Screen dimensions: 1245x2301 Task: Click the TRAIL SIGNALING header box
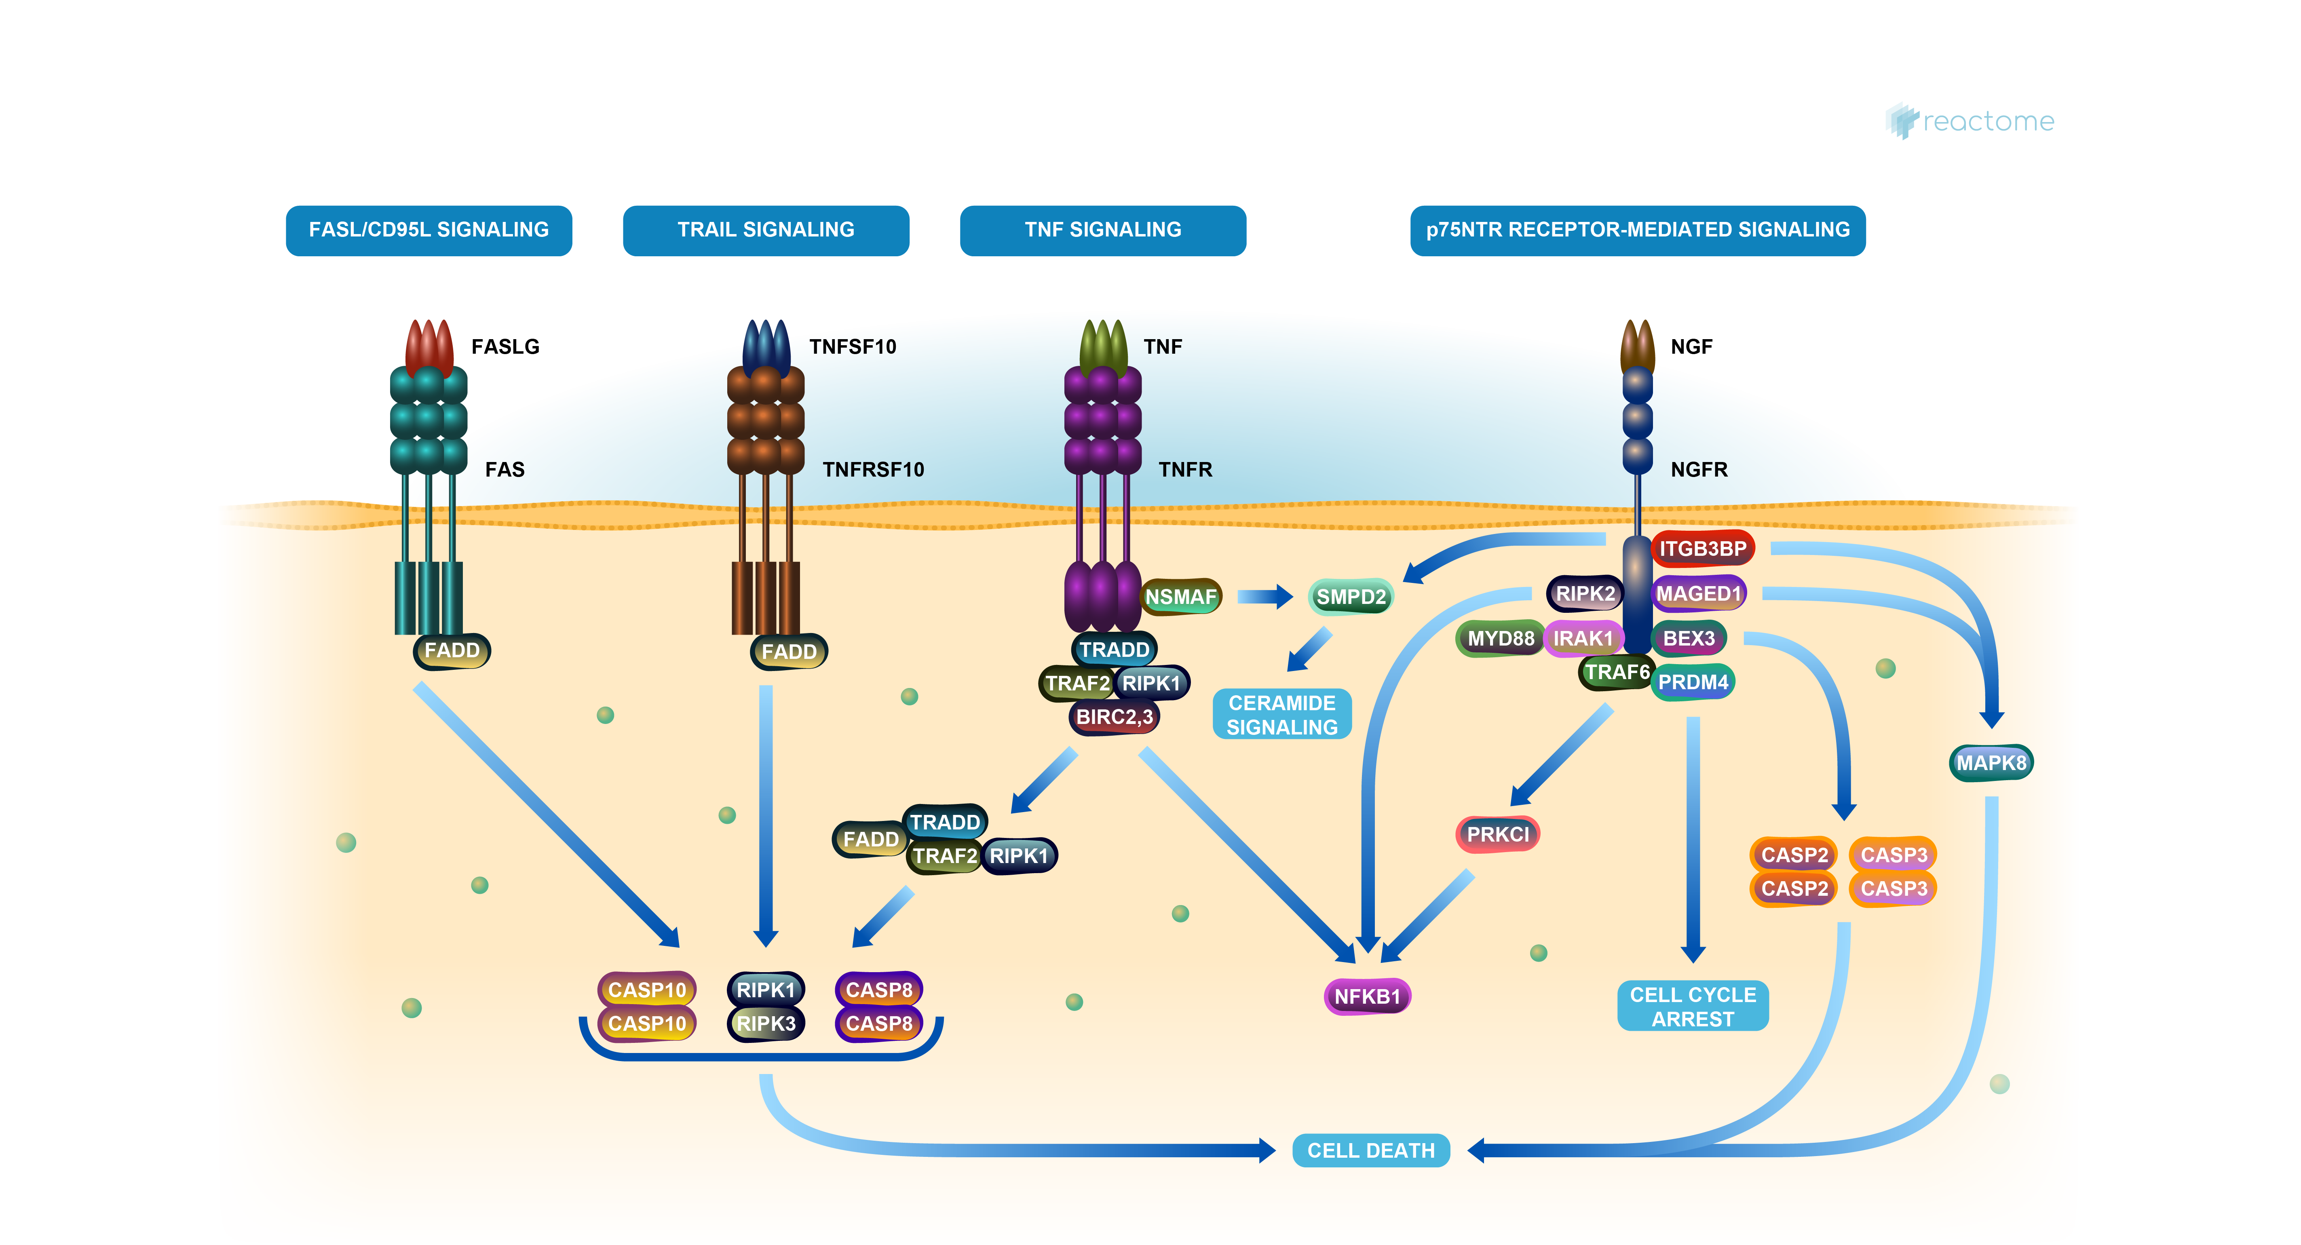click(x=766, y=230)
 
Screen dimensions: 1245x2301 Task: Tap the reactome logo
click(x=1970, y=121)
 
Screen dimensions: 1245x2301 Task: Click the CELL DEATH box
click(x=1370, y=1150)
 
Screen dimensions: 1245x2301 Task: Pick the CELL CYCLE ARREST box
click(x=1693, y=1007)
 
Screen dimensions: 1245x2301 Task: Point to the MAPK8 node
click(x=1991, y=763)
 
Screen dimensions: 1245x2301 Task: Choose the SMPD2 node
click(x=1351, y=597)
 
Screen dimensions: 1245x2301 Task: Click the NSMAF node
click(x=1180, y=597)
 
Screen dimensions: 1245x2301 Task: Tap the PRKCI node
click(x=1498, y=834)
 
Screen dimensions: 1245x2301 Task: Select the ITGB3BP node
click(x=1703, y=549)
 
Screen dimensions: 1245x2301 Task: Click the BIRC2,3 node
click(x=1114, y=716)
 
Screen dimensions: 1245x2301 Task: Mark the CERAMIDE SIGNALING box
click(x=1282, y=715)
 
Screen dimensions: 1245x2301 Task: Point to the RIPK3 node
click(x=766, y=1023)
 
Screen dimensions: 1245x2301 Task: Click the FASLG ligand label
click(x=505, y=346)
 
